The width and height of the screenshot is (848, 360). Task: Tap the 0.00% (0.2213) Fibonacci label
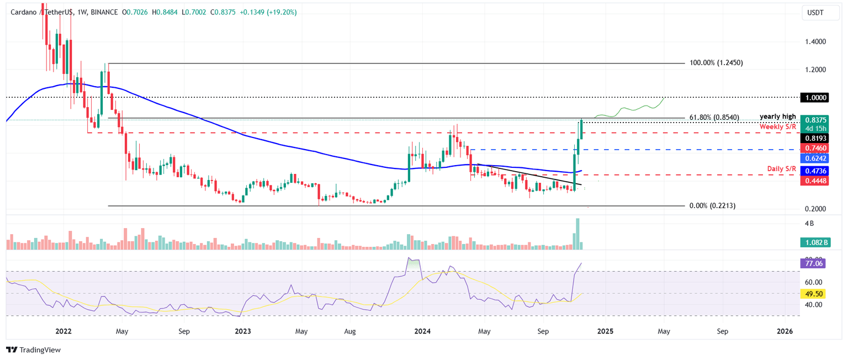(712, 205)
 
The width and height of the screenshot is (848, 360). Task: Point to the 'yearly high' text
(777, 117)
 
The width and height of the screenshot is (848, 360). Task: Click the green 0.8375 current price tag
(815, 120)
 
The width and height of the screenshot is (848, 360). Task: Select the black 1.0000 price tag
(815, 97)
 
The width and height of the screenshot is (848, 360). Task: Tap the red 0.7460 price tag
(815, 149)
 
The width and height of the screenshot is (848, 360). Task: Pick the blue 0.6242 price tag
(815, 158)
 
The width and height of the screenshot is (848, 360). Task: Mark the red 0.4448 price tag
(815, 181)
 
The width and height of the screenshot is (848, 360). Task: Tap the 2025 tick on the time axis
(605, 331)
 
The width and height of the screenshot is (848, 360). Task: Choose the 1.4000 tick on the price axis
(815, 41)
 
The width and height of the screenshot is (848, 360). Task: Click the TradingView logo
(33, 350)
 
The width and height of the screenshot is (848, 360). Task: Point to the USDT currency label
(815, 12)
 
